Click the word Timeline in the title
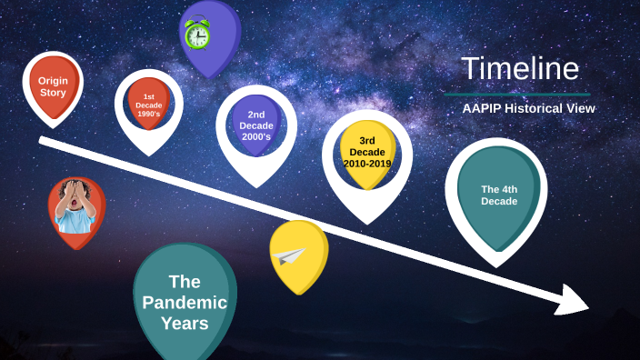[519, 69]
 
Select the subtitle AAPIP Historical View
[528, 108]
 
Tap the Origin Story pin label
[53, 86]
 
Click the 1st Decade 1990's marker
[148, 106]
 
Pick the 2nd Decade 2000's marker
[256, 125]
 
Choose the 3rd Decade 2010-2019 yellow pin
[367, 152]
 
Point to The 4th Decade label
[499, 195]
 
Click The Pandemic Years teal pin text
[185, 302]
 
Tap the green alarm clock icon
[196, 34]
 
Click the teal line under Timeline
[516, 94]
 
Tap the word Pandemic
[185, 302]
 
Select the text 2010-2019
[367, 164]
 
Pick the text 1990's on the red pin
[148, 115]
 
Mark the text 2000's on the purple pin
[256, 137]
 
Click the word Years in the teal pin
[185, 323]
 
